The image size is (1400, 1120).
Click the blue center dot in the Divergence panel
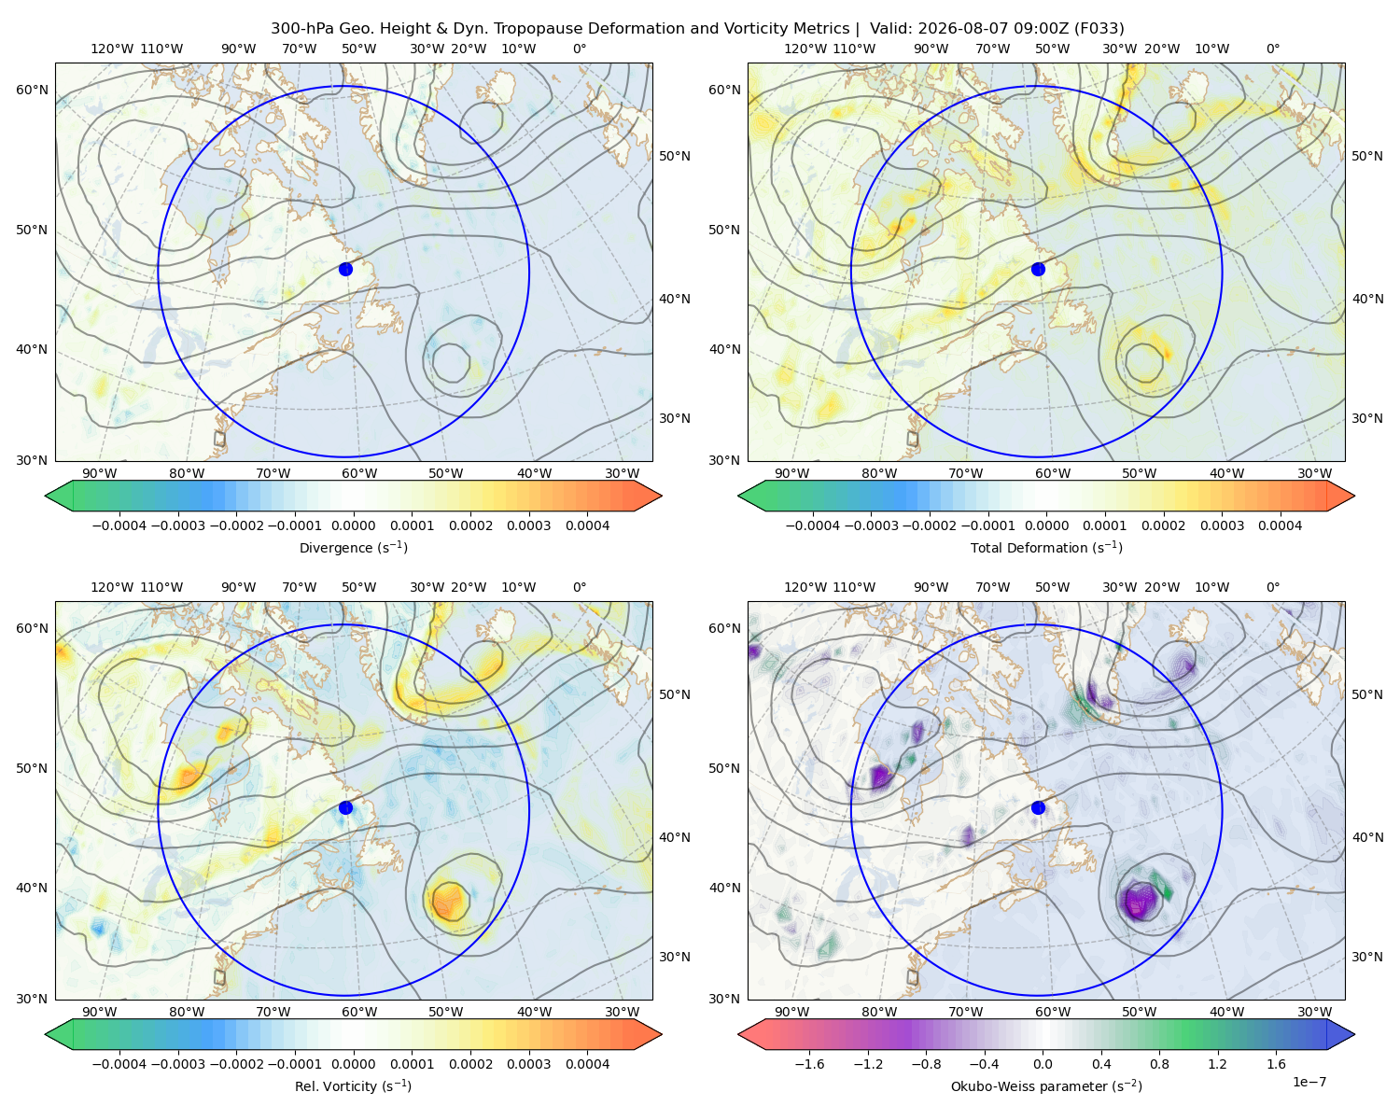(x=345, y=269)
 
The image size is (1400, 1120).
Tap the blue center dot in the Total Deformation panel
(x=1038, y=269)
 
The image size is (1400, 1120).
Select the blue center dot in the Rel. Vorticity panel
(x=345, y=807)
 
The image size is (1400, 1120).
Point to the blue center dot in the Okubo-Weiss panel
(x=1038, y=807)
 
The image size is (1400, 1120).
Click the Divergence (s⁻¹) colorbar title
(x=353, y=547)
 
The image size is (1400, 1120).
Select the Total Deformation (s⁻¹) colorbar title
(x=1046, y=547)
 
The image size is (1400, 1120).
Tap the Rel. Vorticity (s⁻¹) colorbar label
(x=353, y=1086)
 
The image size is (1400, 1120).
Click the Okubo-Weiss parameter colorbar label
(x=1046, y=1086)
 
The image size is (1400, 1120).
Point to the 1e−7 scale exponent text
(x=1309, y=1082)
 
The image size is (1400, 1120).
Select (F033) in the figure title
(x=1099, y=29)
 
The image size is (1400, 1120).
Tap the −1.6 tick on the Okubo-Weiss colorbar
(x=810, y=1064)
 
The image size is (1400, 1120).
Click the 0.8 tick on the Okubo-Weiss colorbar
(x=1159, y=1064)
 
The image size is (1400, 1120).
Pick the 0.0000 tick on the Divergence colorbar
(x=353, y=525)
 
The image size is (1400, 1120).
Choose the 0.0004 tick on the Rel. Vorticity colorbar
(x=587, y=1064)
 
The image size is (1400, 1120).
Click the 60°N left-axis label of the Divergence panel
(x=32, y=90)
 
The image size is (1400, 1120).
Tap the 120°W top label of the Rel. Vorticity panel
(x=112, y=587)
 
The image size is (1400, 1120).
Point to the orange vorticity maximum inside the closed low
(x=448, y=901)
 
